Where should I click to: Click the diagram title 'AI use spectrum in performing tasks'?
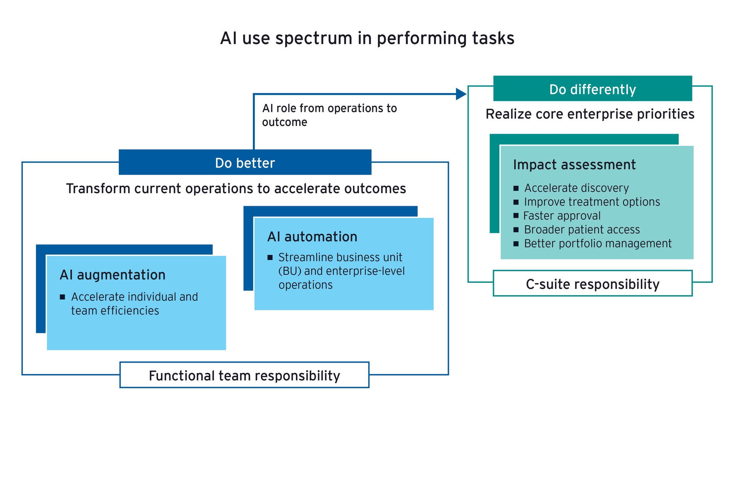click(367, 39)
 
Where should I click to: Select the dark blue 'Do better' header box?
click(245, 162)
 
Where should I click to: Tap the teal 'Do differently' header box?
click(592, 88)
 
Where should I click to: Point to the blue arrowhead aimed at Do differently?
click(462, 94)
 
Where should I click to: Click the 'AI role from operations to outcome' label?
click(329, 115)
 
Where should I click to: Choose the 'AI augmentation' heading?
click(113, 275)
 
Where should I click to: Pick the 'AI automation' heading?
click(312, 237)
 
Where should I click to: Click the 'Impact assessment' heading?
click(574, 165)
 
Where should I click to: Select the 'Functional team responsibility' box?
click(244, 375)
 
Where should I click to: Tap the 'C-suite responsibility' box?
click(592, 284)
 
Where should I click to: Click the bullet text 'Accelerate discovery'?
click(576, 188)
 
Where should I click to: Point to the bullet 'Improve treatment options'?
click(592, 202)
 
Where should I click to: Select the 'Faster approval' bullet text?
click(562, 216)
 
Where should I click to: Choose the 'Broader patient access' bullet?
click(582, 230)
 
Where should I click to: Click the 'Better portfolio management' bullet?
click(598, 244)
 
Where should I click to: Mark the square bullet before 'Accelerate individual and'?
click(62, 297)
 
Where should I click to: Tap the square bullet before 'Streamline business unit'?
click(270, 258)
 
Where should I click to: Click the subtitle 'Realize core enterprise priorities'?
click(590, 114)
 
